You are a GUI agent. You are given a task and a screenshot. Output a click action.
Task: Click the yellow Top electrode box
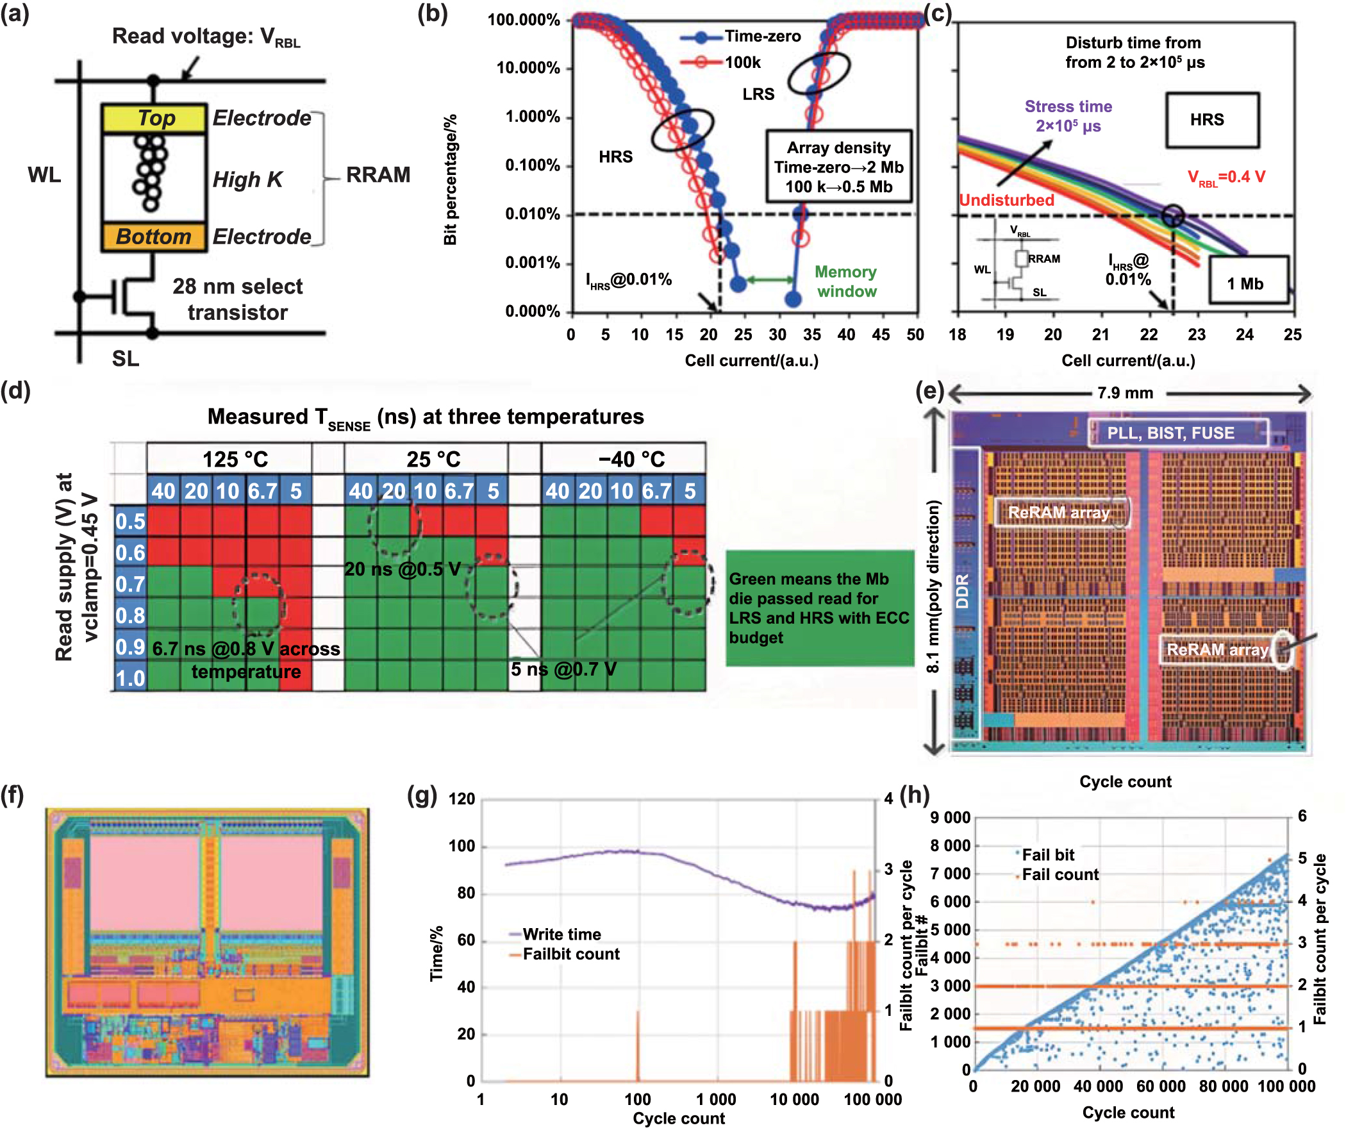pos(154,119)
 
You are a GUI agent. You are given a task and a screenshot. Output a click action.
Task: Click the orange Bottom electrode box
pos(154,237)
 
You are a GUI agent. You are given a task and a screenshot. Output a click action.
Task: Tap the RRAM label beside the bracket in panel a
pos(378,175)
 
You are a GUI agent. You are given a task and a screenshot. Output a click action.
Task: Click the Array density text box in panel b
pos(838,167)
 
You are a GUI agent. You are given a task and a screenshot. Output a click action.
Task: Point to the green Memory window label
pos(845,281)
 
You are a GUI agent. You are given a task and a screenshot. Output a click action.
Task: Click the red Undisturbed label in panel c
pos(1006,200)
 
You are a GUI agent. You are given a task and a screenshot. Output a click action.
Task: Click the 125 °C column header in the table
pos(235,459)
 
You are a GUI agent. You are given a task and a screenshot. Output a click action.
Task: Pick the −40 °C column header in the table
pos(631,459)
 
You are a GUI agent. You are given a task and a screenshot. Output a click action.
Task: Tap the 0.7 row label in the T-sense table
pos(130,584)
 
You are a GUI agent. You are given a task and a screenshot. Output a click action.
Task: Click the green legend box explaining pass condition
pos(819,608)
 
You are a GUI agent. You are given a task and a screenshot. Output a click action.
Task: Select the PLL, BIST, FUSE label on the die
pos(1170,433)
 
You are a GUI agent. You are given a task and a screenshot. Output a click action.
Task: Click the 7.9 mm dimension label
pos(1125,393)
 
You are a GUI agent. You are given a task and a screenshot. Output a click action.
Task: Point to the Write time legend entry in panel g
pos(561,934)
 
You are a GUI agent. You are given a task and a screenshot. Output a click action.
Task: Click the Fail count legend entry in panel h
pos(1059,874)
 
